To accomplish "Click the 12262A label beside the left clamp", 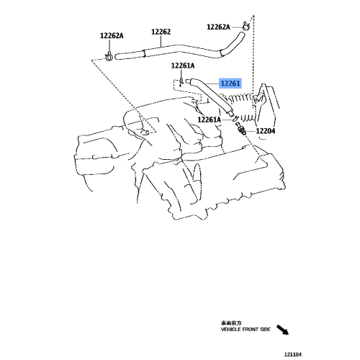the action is [112, 36].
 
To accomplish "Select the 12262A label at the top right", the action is [218, 27].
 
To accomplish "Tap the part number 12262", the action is [161, 32].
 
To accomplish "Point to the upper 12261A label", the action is [183, 66].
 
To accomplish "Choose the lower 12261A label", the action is [209, 120].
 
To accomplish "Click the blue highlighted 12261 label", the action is [230, 84].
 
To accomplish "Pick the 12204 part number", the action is [266, 131].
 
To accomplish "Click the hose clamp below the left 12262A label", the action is [109, 56].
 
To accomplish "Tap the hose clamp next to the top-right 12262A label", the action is [246, 26].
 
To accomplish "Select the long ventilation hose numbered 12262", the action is [178, 49].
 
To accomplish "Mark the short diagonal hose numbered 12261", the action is [211, 96].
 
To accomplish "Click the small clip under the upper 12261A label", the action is [181, 81].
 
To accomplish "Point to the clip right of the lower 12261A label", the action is [235, 118].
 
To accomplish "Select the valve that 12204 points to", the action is [240, 128].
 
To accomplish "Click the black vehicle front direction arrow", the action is [282, 330].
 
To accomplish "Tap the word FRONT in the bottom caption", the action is [251, 330].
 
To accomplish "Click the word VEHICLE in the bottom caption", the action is [231, 330].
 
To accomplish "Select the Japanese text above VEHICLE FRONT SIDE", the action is [231, 323].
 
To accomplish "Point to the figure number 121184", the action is [293, 354].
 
